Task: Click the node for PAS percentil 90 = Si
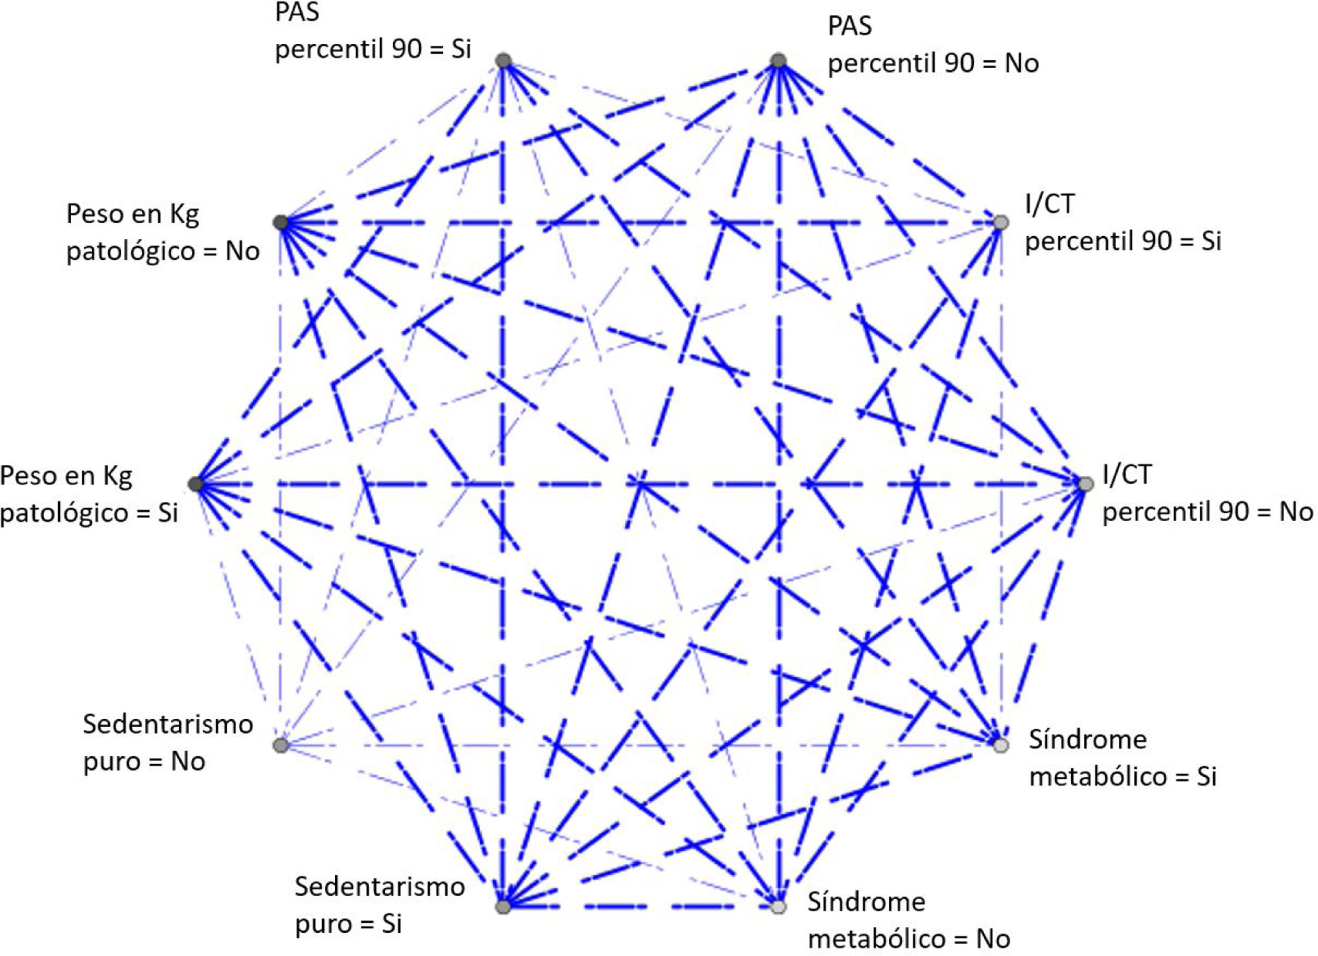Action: click(x=503, y=61)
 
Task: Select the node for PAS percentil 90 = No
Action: click(x=778, y=61)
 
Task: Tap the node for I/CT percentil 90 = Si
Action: click(x=1000, y=222)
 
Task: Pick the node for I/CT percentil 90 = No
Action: click(x=1085, y=484)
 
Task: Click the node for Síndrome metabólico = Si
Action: click(x=1000, y=745)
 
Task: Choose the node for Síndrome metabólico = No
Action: click(x=778, y=906)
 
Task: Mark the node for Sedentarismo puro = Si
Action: click(x=503, y=906)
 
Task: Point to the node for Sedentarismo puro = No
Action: click(x=280, y=745)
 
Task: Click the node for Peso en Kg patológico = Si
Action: click(x=196, y=484)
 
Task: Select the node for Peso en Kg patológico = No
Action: click(x=280, y=222)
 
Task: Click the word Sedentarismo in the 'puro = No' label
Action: click(x=168, y=725)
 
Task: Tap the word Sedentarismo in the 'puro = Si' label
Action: click(x=380, y=887)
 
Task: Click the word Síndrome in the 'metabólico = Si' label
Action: click(x=1088, y=739)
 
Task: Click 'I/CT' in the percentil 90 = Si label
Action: click(x=1050, y=204)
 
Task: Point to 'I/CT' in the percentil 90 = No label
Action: click(x=1127, y=475)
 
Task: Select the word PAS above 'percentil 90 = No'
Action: click(x=850, y=26)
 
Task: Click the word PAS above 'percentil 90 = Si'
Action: click(x=297, y=12)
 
